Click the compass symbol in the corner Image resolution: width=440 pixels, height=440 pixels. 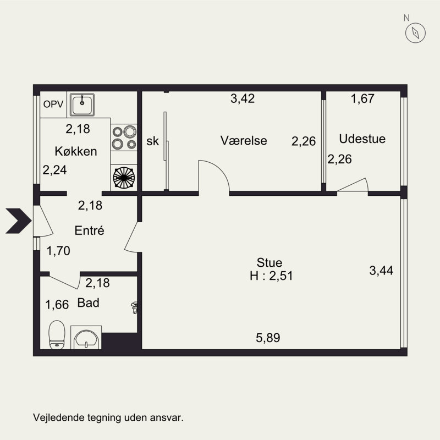(415, 33)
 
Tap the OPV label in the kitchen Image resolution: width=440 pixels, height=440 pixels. (53, 105)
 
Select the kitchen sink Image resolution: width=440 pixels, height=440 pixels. (82, 105)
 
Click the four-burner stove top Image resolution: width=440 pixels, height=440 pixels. (124, 137)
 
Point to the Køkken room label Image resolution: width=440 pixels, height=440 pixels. (76, 151)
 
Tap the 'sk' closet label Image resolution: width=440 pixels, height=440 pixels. (153, 141)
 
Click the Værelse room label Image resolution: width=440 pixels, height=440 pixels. (244, 141)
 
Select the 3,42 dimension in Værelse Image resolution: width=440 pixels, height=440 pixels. (243, 98)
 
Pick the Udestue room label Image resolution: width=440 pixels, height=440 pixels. (362, 139)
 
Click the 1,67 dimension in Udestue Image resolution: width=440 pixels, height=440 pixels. (362, 98)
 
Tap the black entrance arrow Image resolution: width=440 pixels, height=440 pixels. (19, 221)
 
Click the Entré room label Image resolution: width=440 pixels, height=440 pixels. (90, 230)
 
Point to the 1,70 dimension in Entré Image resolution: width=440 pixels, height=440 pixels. (58, 251)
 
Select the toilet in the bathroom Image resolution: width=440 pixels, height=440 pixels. (57, 335)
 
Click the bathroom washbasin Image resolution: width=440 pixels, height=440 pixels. (86, 338)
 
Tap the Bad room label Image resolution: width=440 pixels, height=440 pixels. (89, 303)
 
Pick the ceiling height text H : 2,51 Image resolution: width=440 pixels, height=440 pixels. (271, 276)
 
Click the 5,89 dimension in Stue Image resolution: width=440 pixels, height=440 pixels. (268, 338)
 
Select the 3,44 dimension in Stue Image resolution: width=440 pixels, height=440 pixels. (381, 271)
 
